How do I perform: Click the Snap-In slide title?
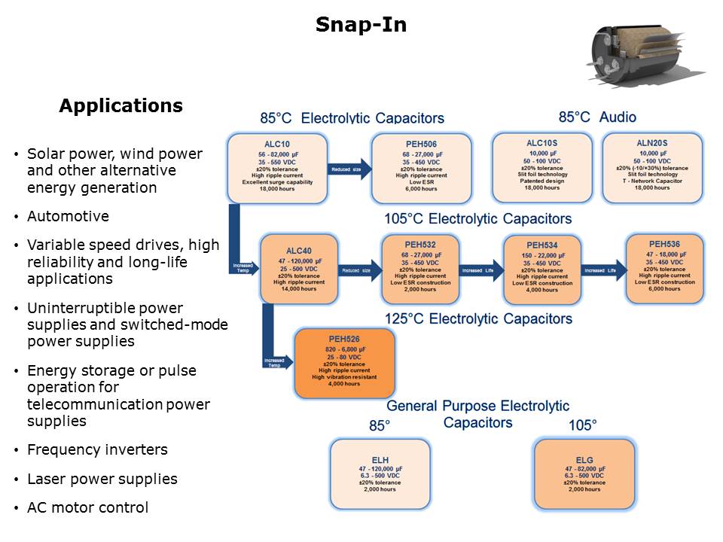coord(361,25)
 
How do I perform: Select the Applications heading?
coord(120,106)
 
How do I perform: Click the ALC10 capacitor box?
coord(278,168)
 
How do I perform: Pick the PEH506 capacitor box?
coord(421,168)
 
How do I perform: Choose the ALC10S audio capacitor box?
coord(541,167)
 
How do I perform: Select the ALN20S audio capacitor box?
coord(652,167)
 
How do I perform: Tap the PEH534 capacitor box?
coord(541,268)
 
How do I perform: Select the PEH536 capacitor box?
coord(664,266)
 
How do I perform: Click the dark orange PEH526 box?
coord(344,363)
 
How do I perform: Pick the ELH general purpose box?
coord(380,474)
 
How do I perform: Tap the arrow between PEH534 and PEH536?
coord(603,269)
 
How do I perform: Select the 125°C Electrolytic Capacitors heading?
coord(478,319)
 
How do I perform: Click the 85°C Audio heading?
coord(597,117)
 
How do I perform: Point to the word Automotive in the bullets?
coord(68,217)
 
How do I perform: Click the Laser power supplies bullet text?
coord(102,479)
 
